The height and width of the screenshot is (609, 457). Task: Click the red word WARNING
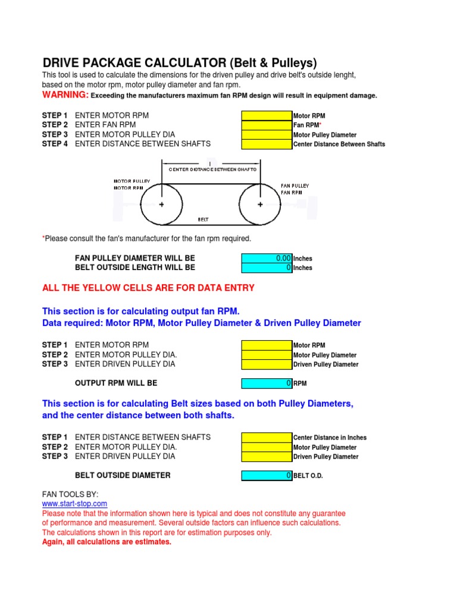pos(65,95)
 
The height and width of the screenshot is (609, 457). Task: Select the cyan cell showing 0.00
pos(267,258)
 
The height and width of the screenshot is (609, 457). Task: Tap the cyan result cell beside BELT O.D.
pos(267,475)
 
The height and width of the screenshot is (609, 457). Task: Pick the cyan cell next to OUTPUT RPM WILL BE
pos(267,384)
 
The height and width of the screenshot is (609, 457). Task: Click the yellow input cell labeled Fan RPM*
pos(267,125)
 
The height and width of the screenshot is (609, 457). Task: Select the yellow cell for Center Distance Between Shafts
pos(267,144)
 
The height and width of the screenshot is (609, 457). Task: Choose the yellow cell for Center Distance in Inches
pos(267,437)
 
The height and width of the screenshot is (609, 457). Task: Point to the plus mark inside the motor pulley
pos(161,204)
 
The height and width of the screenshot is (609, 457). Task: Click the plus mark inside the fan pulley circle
pos(260,204)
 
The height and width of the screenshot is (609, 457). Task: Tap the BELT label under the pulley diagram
pos(203,219)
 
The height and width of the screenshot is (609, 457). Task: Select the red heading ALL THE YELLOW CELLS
pos(148,288)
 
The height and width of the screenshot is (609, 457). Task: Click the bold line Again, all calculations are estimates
pos(107,542)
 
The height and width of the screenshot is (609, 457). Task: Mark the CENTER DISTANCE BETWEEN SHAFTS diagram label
pos(212,169)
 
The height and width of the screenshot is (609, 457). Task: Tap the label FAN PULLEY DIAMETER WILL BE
pos(134,258)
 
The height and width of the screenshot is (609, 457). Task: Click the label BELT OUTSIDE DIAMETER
pos(123,475)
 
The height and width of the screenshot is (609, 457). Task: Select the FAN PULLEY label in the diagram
pos(295,186)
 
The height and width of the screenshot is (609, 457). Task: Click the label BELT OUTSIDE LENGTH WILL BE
pos(134,268)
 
